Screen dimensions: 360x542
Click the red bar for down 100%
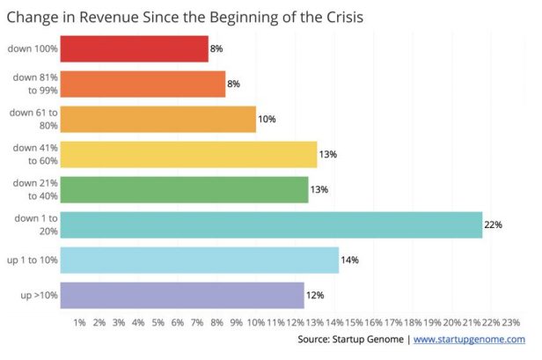135,49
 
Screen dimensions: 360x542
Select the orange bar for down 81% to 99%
143,84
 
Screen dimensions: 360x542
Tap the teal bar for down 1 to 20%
272,224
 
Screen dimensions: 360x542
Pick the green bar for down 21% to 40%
185,189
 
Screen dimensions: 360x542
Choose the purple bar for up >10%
182,295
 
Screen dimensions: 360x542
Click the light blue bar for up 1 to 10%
200,260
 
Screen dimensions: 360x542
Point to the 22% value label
493,225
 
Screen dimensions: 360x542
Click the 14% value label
348,261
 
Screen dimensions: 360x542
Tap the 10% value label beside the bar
267,120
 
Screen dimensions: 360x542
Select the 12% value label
314,296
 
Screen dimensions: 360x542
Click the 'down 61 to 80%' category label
33,119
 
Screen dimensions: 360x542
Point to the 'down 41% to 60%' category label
34,154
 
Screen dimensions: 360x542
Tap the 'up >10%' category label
39,295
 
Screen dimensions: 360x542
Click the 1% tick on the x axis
79,323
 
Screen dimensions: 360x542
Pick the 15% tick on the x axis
355,323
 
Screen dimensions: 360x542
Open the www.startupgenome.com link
469,340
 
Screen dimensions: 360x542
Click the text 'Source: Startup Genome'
350,340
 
